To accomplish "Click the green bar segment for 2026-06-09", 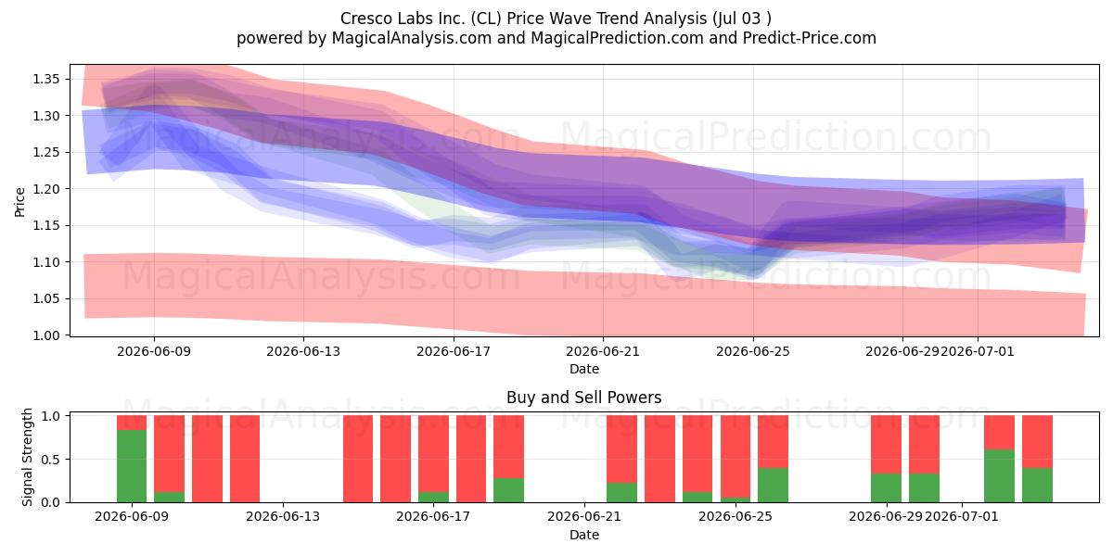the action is [132, 466].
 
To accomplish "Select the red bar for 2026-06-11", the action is [207, 459].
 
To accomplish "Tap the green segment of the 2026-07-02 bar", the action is [999, 476].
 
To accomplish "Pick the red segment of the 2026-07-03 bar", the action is [1037, 442].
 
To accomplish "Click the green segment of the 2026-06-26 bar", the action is [773, 485].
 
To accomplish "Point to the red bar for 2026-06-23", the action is [659, 459].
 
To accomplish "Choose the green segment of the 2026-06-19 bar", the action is [509, 490].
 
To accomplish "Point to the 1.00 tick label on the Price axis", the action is [45, 335].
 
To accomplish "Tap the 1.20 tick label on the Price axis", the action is [45, 189].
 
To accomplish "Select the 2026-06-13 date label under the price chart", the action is [303, 351].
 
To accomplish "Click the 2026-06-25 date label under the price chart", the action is [753, 351].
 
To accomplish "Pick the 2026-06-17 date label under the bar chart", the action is [433, 517].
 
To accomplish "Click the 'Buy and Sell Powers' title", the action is [583, 398].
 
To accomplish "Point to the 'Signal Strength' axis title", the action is [27, 457].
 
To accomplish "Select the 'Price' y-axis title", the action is [19, 202].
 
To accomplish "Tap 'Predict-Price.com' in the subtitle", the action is [810, 38].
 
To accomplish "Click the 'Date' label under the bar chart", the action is [583, 535].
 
